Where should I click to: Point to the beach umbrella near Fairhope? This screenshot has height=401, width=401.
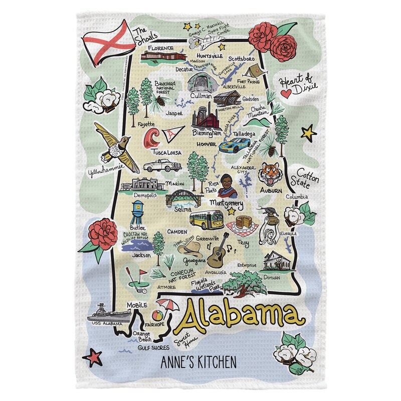coord(164,305)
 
